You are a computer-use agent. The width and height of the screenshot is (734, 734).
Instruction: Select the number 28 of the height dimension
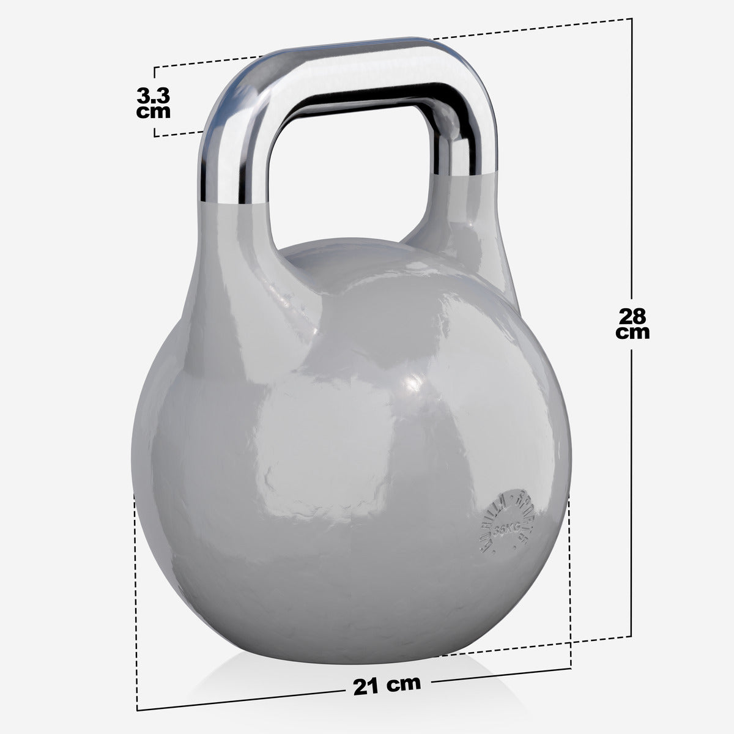632,317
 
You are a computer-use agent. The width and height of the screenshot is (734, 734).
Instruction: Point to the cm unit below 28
632,333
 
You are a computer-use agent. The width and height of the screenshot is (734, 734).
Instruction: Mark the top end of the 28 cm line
632,20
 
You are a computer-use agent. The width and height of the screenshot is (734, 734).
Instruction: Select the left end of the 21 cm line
138,711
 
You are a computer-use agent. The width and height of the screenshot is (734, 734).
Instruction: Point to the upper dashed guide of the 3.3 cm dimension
208,62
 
